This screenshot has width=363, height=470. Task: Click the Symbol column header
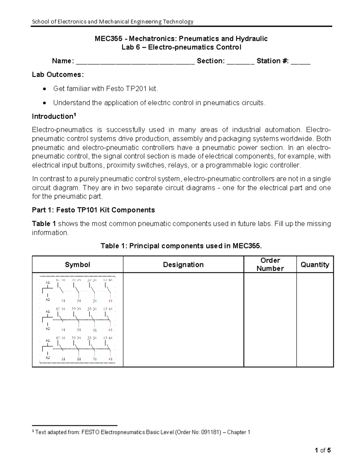(77, 265)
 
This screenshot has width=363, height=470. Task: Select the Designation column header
(183, 265)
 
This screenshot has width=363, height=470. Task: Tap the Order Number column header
(270, 264)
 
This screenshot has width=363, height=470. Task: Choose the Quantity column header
(315, 265)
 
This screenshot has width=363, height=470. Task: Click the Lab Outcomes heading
(58, 75)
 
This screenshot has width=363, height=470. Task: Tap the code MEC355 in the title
(108, 39)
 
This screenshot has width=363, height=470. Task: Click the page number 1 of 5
(322, 450)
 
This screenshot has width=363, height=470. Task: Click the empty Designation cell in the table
(183, 320)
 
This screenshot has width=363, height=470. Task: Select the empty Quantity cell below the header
(315, 320)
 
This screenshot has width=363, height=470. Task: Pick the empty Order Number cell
(270, 320)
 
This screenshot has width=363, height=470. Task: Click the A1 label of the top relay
(47, 282)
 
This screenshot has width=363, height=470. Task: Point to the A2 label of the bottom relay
(47, 357)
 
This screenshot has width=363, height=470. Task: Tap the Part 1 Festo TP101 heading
(93, 210)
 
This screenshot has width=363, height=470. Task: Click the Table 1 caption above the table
(181, 246)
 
